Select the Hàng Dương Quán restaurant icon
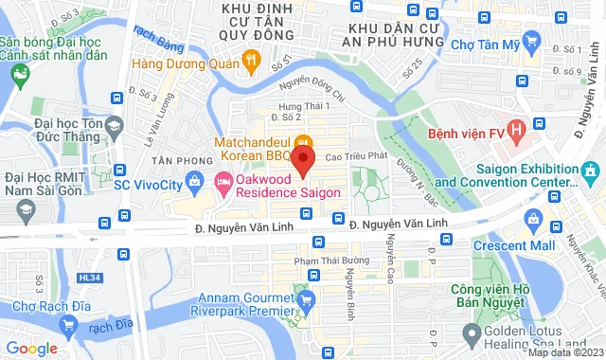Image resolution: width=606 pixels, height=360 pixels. coord(251,63)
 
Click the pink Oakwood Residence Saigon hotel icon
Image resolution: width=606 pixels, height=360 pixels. coord(223,180)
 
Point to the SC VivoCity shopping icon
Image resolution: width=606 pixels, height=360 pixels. coord(195,180)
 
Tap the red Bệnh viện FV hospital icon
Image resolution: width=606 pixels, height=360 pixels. coord(517,128)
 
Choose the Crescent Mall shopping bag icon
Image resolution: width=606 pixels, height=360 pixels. coord(534,222)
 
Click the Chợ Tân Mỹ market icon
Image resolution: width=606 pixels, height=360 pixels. coord(532,42)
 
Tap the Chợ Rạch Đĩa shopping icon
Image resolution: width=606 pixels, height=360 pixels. coord(67,325)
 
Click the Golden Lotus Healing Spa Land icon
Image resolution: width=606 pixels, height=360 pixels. coord(471,333)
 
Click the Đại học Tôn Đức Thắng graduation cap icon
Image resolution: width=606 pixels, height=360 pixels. coord(114,126)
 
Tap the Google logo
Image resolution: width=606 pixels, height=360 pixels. coord(31,348)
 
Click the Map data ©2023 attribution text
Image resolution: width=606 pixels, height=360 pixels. coord(564,352)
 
